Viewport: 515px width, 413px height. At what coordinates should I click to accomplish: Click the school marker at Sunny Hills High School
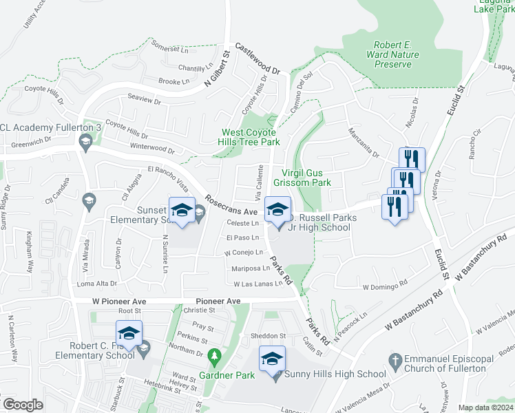[x=272, y=359]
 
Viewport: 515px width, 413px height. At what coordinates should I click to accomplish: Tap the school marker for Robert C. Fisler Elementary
[x=129, y=334]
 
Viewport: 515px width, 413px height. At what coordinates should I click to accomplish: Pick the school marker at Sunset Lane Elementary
[x=182, y=211]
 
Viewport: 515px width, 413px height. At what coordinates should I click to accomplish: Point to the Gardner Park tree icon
[x=215, y=355]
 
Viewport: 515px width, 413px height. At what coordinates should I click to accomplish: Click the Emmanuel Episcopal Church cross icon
[x=395, y=360]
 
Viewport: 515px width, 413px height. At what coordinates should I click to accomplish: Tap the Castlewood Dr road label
[x=258, y=59]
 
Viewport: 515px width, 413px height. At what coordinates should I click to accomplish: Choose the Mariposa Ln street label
[x=251, y=268]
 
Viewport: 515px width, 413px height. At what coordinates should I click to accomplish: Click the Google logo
[x=23, y=405]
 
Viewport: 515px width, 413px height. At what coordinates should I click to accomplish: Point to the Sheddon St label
[x=269, y=336]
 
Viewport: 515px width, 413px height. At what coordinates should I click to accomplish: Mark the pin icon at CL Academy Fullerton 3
[x=86, y=144]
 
